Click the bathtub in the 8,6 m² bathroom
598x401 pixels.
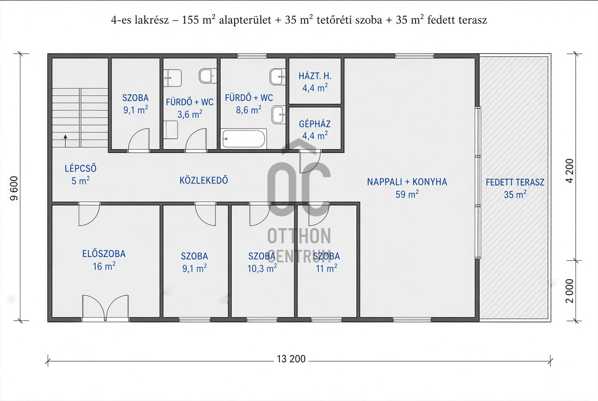pyautogui.click(x=244, y=139)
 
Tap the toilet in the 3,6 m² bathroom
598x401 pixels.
pyautogui.click(x=207, y=76)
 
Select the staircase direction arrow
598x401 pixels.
pyautogui.click(x=66, y=140)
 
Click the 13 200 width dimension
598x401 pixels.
pyautogui.click(x=291, y=359)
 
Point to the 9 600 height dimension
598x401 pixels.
pyautogui.click(x=14, y=188)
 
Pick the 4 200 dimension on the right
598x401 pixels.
pyautogui.click(x=569, y=171)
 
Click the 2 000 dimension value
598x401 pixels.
pyautogui.click(x=569, y=291)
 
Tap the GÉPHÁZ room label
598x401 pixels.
pyautogui.click(x=315, y=124)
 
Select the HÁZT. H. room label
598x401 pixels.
pyautogui.click(x=315, y=76)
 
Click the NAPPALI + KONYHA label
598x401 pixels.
pyautogui.click(x=407, y=182)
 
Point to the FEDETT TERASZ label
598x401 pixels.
pyautogui.click(x=515, y=182)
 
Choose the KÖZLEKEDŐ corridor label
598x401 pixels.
pyautogui.click(x=204, y=180)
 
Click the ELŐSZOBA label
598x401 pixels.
pyautogui.click(x=104, y=254)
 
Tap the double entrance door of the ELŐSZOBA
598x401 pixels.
pyautogui.click(x=105, y=307)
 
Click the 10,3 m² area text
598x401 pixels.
pyautogui.click(x=262, y=269)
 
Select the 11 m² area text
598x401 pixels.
pyautogui.click(x=327, y=269)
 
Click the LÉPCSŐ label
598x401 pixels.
pyautogui.click(x=80, y=168)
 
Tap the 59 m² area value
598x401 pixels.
pyautogui.click(x=407, y=194)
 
